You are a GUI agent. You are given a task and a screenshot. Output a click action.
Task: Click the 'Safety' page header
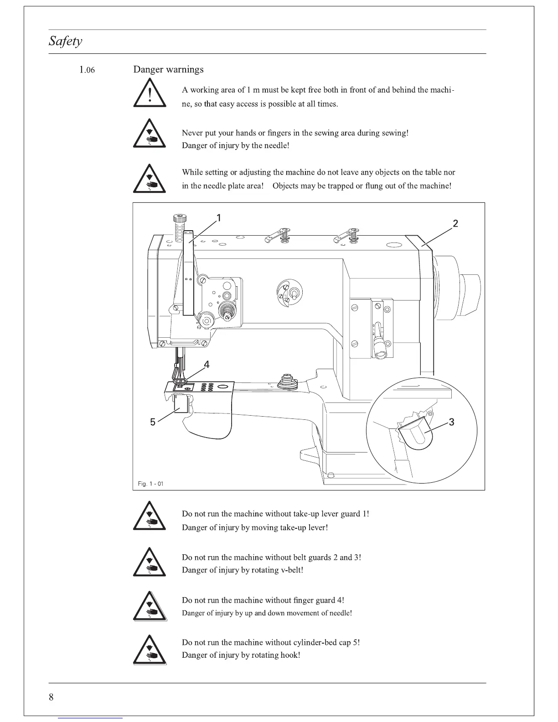point(66,41)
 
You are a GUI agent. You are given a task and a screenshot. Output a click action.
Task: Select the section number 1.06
point(87,70)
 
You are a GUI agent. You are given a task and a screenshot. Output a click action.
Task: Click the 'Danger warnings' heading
point(168,69)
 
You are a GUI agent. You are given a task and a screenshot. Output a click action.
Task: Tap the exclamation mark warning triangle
point(150,93)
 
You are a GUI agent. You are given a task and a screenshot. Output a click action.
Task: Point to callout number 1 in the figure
point(219,218)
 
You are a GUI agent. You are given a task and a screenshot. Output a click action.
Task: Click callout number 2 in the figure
point(455,223)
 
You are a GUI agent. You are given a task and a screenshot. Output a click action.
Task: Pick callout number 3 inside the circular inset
point(451,422)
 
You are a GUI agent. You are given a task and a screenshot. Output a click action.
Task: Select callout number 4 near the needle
point(207,365)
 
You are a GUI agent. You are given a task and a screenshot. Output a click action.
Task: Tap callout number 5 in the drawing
point(153,422)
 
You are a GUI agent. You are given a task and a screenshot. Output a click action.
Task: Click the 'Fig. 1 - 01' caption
point(150,484)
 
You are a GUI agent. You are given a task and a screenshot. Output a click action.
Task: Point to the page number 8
point(51,697)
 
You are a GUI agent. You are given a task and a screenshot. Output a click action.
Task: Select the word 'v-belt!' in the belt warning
point(290,570)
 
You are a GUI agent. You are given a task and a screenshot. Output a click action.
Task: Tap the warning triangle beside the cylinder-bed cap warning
point(150,650)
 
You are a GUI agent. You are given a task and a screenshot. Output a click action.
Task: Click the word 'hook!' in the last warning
point(290,655)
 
